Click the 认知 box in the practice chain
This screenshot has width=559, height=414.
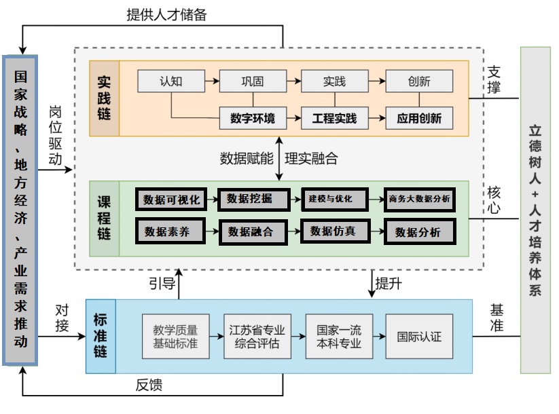[x=171, y=81]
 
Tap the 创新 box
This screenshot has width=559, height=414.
[x=419, y=81]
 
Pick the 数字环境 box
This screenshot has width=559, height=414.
[x=253, y=118]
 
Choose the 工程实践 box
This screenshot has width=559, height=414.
[x=334, y=118]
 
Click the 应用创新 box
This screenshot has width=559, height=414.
[x=419, y=118]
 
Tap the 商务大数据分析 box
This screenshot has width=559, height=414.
[x=419, y=200]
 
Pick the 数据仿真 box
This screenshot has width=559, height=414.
[x=333, y=231]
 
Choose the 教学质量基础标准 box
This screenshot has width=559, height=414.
[x=175, y=336]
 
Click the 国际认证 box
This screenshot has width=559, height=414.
[x=419, y=336]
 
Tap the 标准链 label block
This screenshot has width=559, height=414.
[x=101, y=336]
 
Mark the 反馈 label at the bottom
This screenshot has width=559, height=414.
[x=149, y=385]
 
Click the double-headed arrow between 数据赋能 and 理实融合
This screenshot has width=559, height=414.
[x=279, y=157]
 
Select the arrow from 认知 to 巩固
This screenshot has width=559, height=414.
[x=212, y=81]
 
